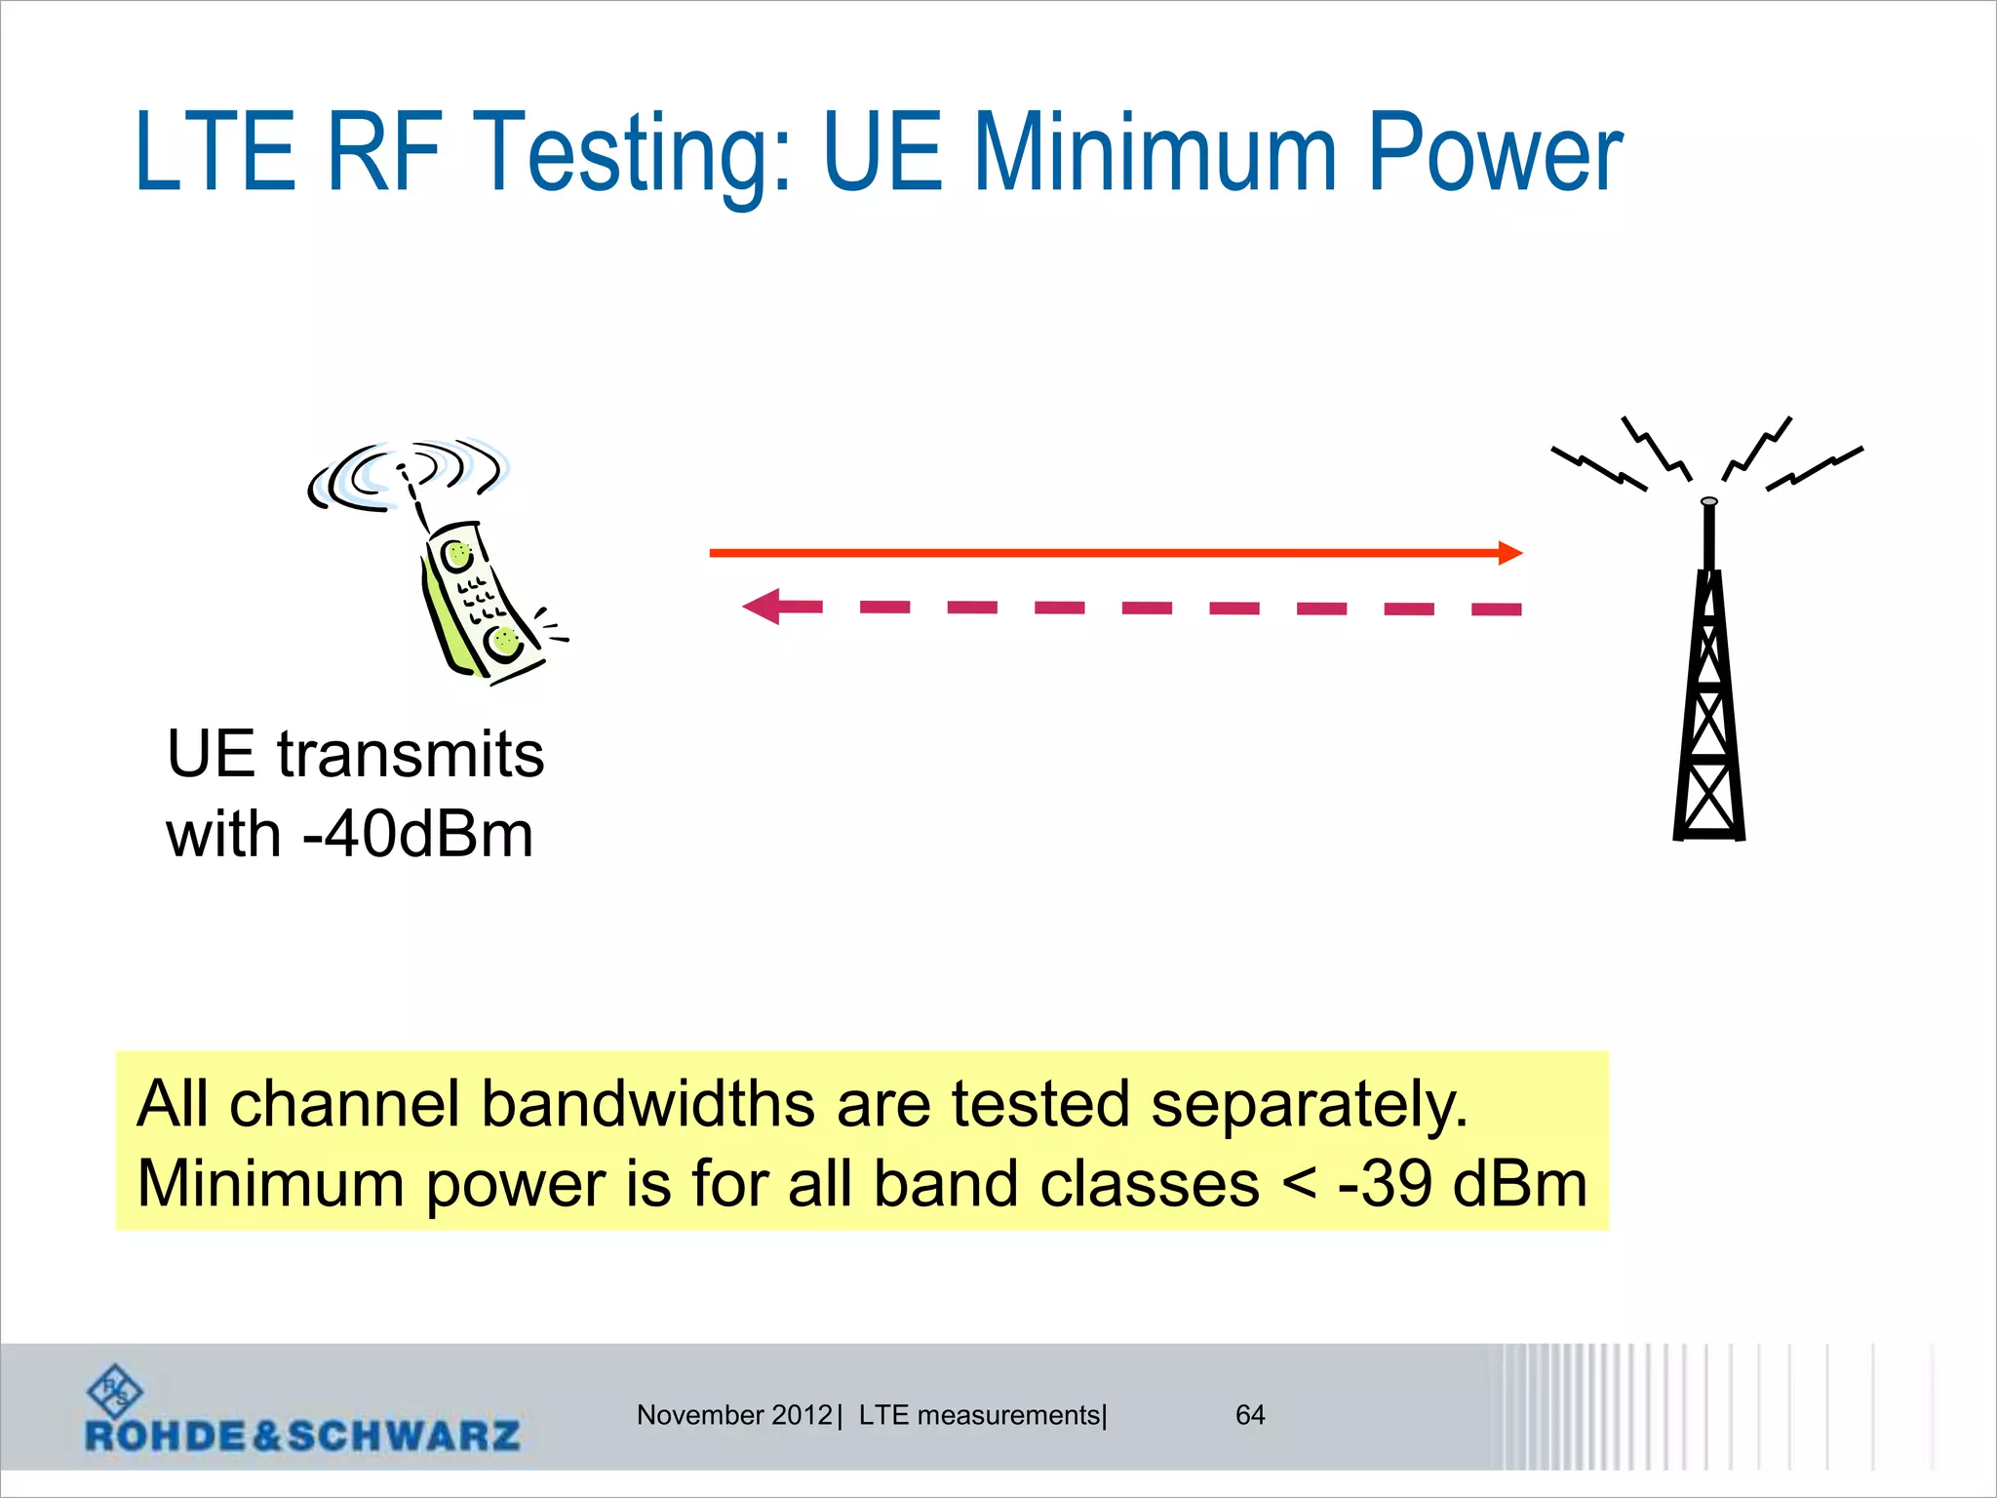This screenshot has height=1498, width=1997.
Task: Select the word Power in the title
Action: pos(1495,153)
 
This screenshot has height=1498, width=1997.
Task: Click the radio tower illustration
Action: pos(1708,683)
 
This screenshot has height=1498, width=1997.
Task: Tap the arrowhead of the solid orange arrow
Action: pos(1509,553)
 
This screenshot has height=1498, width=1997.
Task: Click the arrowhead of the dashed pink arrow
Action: pos(763,607)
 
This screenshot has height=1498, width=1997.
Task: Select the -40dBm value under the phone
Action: pos(418,835)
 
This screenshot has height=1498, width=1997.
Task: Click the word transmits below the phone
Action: pos(411,755)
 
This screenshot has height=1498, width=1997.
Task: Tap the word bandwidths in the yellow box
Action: pos(647,1105)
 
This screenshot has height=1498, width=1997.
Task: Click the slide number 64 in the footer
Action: pos(1250,1415)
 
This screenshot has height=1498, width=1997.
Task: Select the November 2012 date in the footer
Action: pos(734,1415)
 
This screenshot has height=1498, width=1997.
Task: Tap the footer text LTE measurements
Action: pos(980,1415)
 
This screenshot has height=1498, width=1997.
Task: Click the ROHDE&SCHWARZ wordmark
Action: pos(302,1436)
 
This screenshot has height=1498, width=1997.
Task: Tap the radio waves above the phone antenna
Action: pos(407,473)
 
